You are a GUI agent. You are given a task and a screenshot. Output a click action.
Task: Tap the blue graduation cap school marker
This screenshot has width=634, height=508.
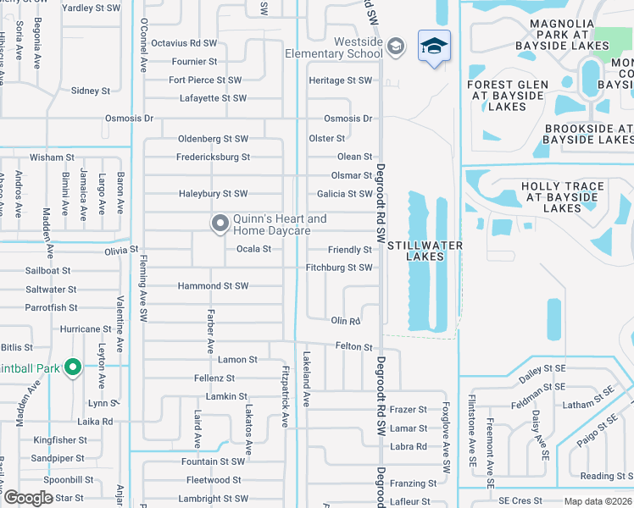[434, 46]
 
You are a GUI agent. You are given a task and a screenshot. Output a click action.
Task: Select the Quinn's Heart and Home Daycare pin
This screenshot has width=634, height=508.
[220, 224]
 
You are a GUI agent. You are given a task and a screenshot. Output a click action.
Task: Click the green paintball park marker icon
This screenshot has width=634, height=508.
[73, 367]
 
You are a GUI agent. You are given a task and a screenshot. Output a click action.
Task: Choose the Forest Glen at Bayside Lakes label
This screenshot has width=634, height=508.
[507, 96]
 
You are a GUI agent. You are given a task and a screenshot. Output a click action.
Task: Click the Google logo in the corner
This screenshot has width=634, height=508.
[28, 498]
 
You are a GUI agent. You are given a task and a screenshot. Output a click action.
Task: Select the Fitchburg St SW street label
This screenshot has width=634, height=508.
[339, 268]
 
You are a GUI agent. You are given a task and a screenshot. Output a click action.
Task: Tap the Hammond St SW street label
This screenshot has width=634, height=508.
[213, 286]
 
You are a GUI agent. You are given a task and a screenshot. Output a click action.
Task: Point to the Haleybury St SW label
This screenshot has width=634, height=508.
[213, 194]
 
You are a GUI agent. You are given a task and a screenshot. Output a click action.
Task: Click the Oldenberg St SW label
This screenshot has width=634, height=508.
[213, 139]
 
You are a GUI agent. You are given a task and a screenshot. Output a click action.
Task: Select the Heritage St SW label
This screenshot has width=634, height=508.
[340, 80]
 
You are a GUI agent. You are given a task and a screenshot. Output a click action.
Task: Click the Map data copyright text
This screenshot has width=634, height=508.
[598, 501]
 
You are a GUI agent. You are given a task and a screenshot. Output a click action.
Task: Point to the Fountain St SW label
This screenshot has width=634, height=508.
[213, 461]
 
